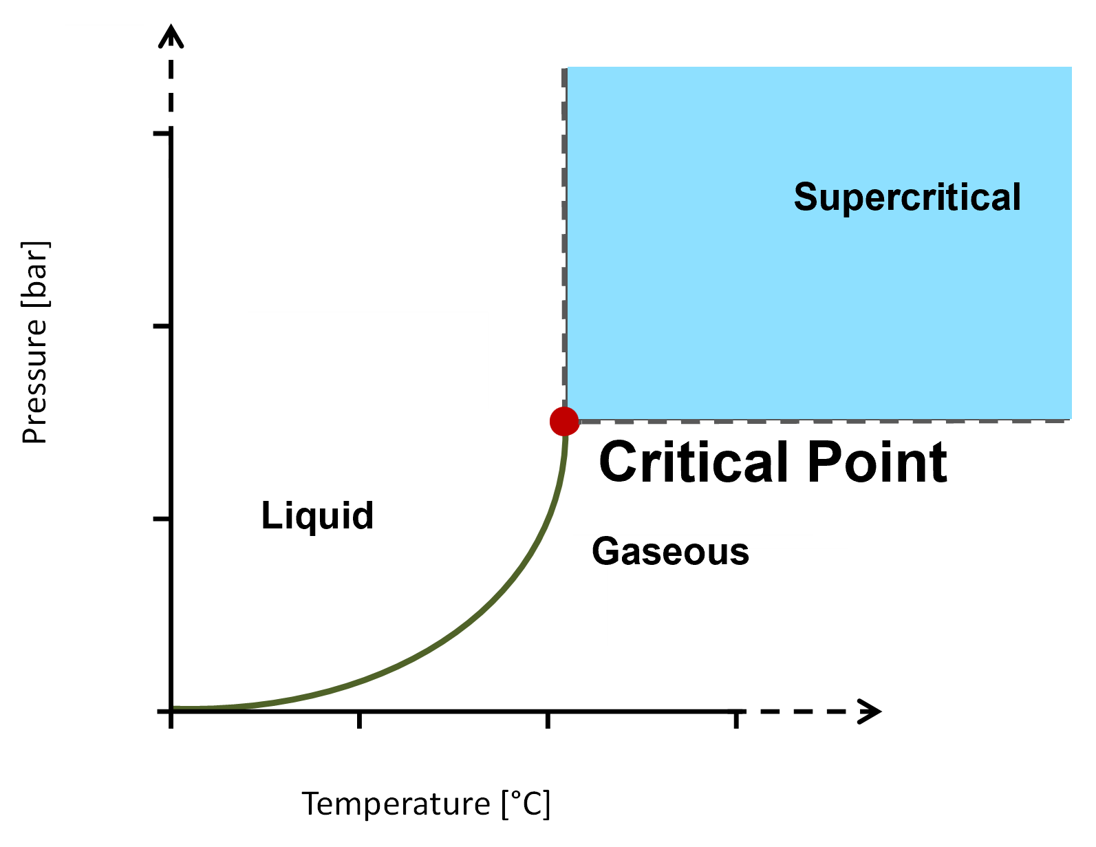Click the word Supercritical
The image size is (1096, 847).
tap(907, 197)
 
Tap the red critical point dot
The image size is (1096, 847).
tap(564, 421)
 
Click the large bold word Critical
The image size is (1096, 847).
tap(694, 462)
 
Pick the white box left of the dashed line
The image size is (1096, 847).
tap(367, 360)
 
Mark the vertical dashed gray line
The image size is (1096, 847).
tap(563, 241)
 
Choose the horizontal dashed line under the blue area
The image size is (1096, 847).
tap(826, 421)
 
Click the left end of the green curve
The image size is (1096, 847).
tap(176, 707)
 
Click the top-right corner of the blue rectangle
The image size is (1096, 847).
tap(1071, 68)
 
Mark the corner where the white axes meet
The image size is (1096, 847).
tap(104, 753)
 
